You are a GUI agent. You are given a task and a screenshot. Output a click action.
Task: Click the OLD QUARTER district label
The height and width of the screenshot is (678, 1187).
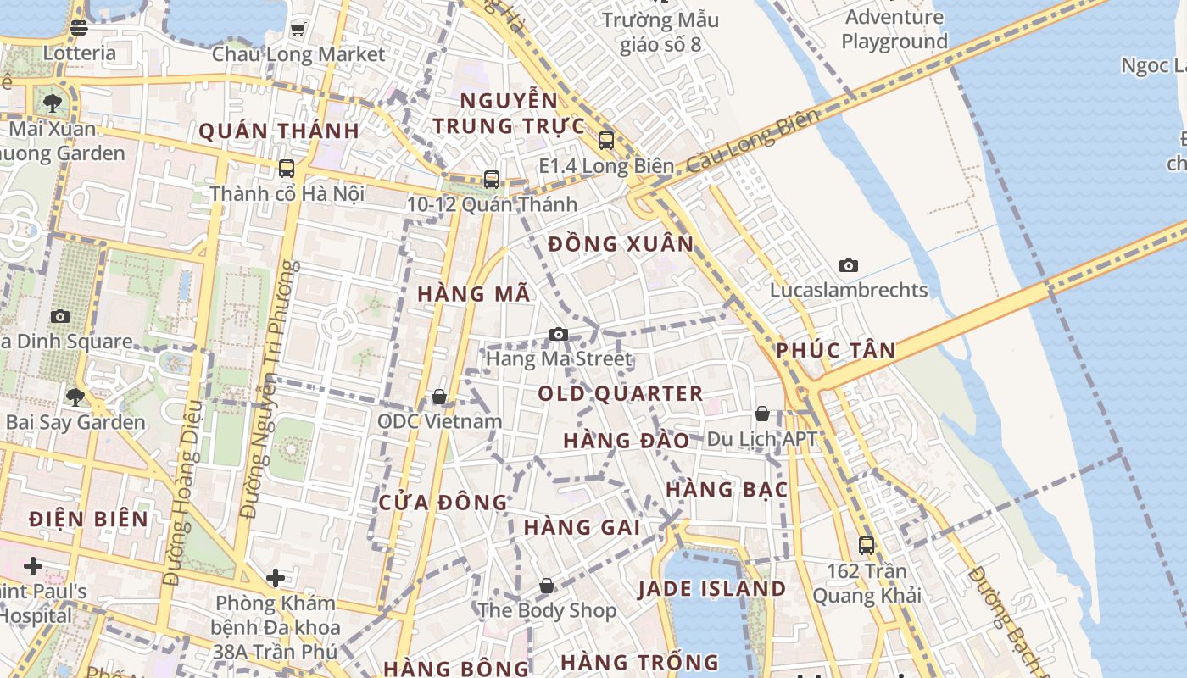[621, 394]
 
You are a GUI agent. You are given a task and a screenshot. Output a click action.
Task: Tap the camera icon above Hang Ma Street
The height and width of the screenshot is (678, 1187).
[558, 335]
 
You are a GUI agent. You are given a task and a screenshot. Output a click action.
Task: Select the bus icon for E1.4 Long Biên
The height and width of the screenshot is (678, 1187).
[605, 141]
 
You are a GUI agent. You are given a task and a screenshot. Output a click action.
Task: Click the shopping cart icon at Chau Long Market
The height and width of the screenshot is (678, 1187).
[298, 30]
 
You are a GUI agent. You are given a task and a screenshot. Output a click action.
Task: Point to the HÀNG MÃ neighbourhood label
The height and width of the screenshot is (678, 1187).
[474, 294]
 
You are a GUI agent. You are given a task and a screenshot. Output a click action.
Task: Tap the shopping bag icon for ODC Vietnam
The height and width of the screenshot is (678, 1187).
[439, 397]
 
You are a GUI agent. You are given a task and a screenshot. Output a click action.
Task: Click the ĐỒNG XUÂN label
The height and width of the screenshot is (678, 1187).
[621, 245]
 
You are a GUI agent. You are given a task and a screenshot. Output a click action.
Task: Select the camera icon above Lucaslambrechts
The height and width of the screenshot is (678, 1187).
[848, 266]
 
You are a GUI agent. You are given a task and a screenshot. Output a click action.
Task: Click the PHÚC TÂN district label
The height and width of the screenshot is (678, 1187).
[835, 351]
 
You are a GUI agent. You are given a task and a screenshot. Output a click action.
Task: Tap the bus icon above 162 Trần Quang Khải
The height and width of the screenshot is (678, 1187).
[866, 546]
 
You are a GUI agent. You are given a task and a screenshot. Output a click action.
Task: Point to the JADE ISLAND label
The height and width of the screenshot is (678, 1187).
[711, 589]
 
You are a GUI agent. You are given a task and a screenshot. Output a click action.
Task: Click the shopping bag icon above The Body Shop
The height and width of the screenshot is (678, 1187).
[547, 586]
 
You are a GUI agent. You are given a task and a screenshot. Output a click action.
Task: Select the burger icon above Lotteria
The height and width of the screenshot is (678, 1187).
[79, 28]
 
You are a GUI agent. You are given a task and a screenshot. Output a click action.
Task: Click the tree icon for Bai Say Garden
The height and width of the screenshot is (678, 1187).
[75, 397]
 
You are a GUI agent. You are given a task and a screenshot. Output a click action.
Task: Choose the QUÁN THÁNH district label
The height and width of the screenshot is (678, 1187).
[279, 131]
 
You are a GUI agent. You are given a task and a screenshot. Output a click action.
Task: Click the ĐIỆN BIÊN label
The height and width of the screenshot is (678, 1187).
[88, 519]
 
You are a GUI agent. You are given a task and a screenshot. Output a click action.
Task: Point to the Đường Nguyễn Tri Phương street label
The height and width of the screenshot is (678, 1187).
[270, 390]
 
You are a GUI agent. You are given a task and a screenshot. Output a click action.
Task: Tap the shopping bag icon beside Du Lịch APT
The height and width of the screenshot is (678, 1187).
[762, 414]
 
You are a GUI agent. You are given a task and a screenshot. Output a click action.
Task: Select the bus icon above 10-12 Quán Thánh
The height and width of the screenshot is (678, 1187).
[492, 180]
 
